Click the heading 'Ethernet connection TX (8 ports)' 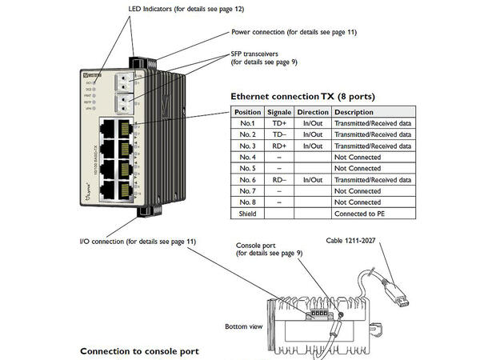pyautogui.click(x=302, y=97)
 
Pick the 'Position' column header pyautogui.click(x=246, y=113)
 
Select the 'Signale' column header pyautogui.click(x=279, y=113)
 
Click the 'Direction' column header pyautogui.click(x=312, y=113)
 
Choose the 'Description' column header pyautogui.click(x=354, y=113)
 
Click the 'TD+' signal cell pyautogui.click(x=279, y=124)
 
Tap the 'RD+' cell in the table pyautogui.click(x=279, y=146)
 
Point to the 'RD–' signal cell pyautogui.click(x=279, y=180)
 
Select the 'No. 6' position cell pyautogui.click(x=246, y=180)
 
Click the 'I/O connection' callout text pyautogui.click(x=138, y=241)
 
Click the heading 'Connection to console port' pyautogui.click(x=139, y=351)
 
